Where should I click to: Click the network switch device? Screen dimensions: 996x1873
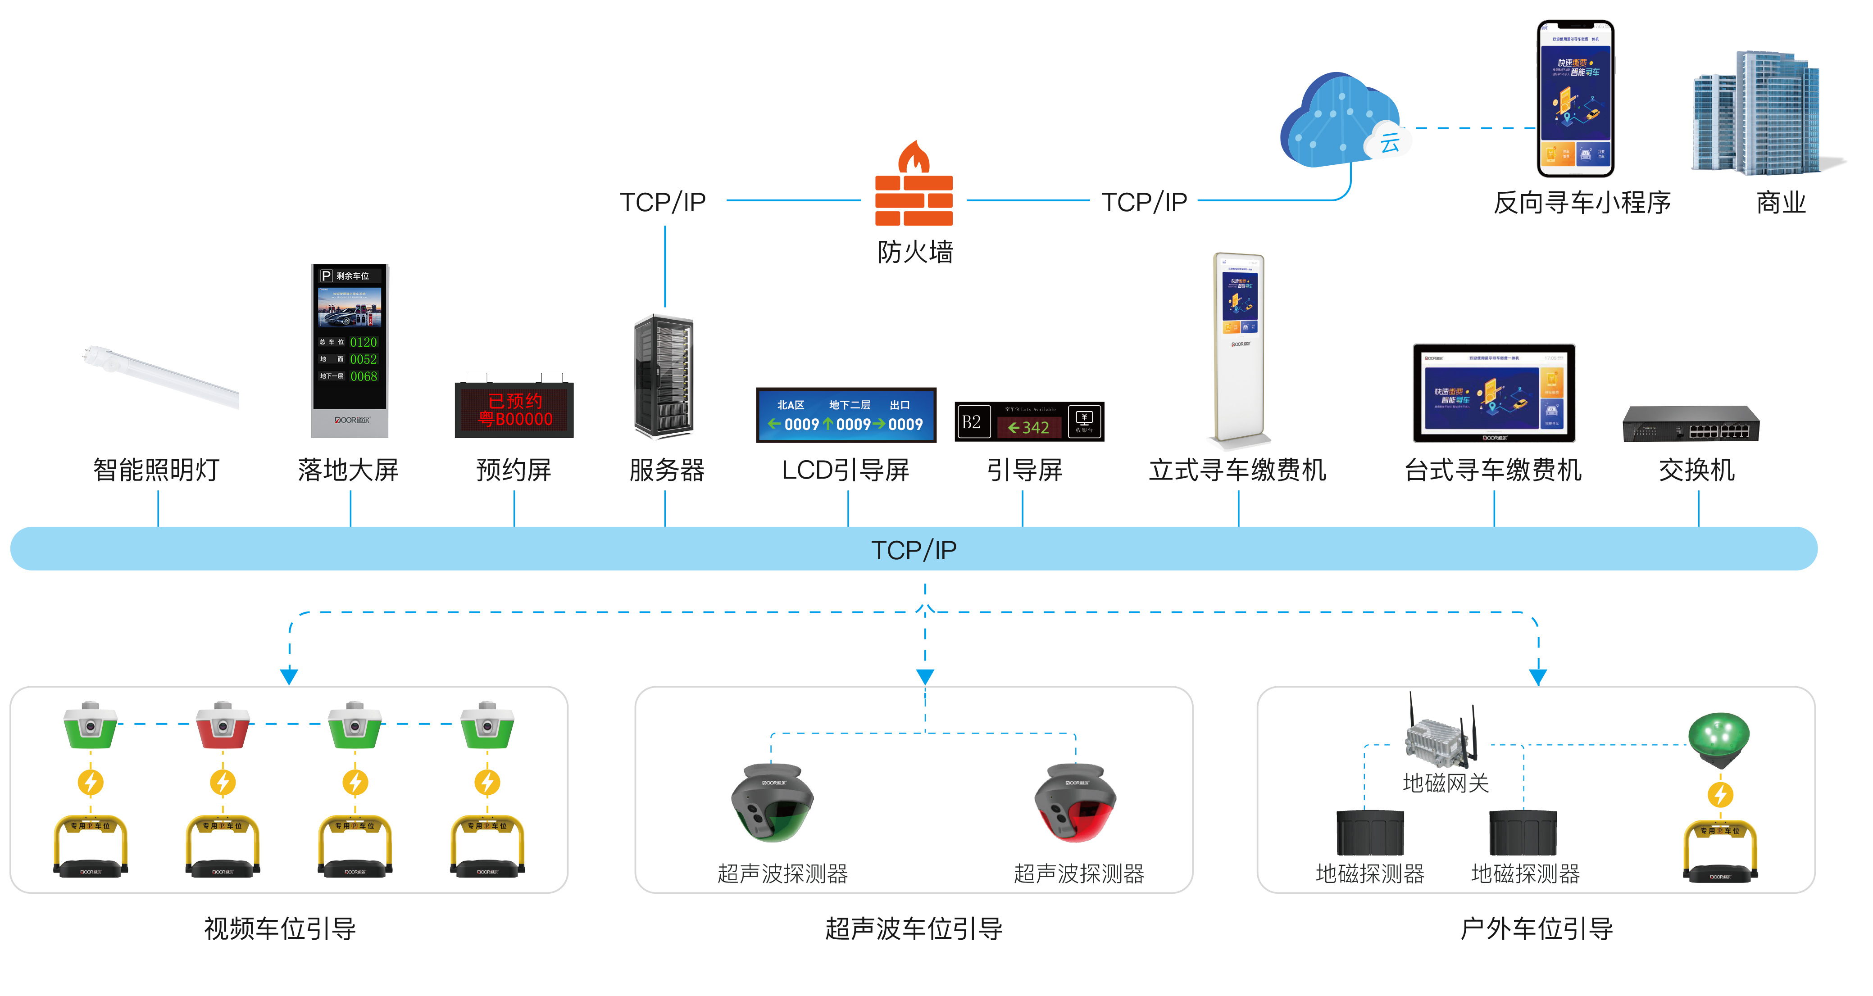1691,424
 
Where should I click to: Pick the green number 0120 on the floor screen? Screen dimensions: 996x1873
364,342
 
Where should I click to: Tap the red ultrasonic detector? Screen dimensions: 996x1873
1076,803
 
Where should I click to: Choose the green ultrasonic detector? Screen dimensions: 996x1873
772,803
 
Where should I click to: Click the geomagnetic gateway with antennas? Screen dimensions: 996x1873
1443,734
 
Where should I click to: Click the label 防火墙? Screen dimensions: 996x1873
915,252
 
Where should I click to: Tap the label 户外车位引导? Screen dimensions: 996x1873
1537,928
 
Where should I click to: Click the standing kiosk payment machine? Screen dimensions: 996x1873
1239,348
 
